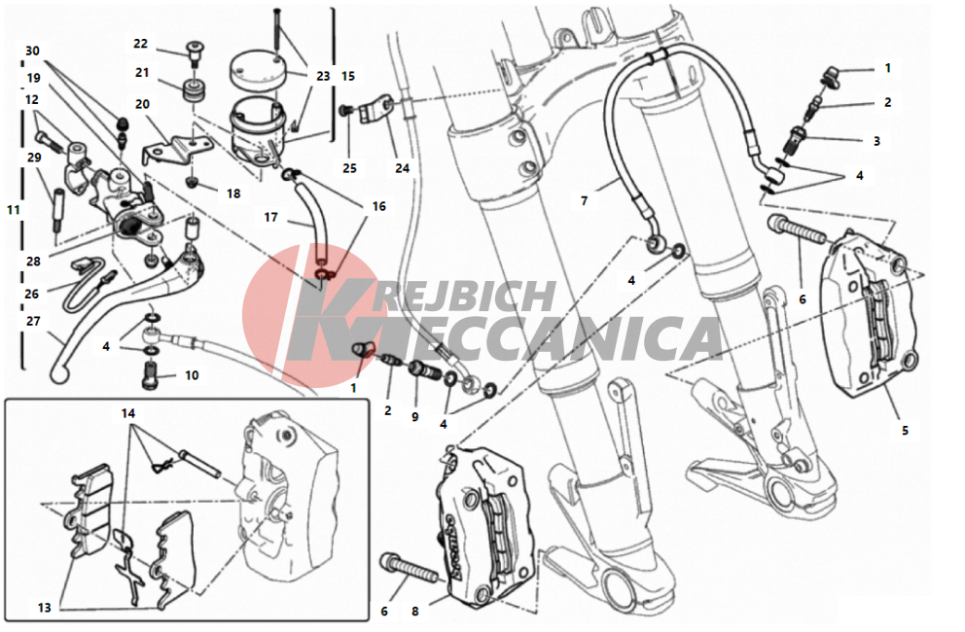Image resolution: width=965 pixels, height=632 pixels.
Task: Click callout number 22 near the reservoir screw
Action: pyautogui.click(x=140, y=44)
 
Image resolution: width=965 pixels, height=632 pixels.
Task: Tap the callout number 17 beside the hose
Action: pyautogui.click(x=270, y=217)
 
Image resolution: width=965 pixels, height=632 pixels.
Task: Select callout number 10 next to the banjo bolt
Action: pyautogui.click(x=192, y=375)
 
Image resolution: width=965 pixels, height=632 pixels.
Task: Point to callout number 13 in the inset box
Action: pyautogui.click(x=45, y=608)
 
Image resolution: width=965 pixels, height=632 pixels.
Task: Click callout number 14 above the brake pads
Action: pyautogui.click(x=128, y=413)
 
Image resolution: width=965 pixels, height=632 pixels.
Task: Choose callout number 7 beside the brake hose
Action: pyautogui.click(x=584, y=200)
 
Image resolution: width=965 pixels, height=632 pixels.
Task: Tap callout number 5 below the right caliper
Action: pyautogui.click(x=905, y=430)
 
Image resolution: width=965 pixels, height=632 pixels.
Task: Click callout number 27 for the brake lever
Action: pyautogui.click(x=33, y=321)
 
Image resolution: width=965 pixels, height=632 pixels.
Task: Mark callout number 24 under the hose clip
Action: pyautogui.click(x=402, y=168)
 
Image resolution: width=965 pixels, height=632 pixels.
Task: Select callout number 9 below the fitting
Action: pyautogui.click(x=414, y=416)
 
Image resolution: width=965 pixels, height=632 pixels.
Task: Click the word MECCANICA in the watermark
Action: pyautogui.click(x=505, y=338)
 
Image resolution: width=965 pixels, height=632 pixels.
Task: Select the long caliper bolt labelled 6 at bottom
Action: pyautogui.click(x=410, y=569)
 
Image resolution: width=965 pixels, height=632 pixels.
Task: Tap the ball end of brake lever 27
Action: pyautogui.click(x=58, y=373)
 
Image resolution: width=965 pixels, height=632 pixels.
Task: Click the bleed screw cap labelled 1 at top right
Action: pyautogui.click(x=830, y=77)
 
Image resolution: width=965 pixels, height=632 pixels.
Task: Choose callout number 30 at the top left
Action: pyautogui.click(x=33, y=52)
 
